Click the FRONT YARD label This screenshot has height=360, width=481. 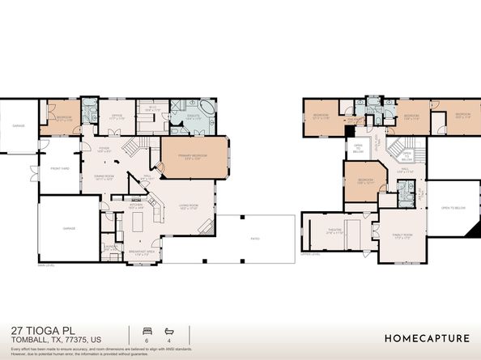(57, 169)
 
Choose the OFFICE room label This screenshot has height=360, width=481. (116, 116)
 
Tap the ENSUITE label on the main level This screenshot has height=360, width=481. (194, 116)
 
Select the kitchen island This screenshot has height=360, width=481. (138, 220)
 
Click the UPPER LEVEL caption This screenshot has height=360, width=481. (311, 253)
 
